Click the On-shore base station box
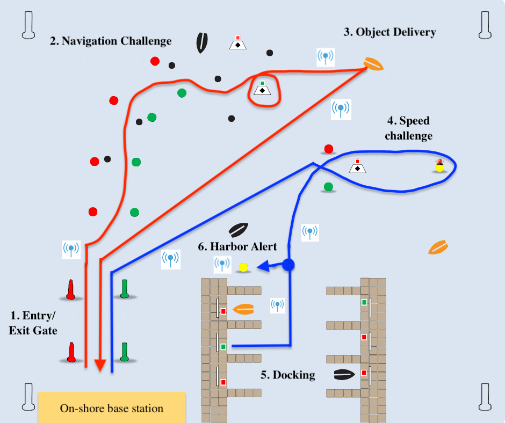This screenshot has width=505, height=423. tap(112, 408)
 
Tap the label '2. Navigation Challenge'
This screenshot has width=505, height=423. tap(111, 41)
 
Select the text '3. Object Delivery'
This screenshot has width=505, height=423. tap(389, 32)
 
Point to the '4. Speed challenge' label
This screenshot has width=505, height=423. tap(408, 128)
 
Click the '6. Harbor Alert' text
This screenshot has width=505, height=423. tap(237, 246)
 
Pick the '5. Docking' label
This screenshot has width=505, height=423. tap(287, 375)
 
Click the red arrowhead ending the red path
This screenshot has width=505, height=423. tap(100, 365)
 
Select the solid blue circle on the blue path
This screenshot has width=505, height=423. tap(288, 265)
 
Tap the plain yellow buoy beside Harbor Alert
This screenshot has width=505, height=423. tap(243, 267)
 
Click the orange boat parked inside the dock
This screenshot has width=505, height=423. tap(243, 309)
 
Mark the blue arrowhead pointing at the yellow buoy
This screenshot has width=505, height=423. tap(262, 266)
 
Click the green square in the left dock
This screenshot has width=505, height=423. tap(223, 347)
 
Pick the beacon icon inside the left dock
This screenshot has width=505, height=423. tap(277, 305)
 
